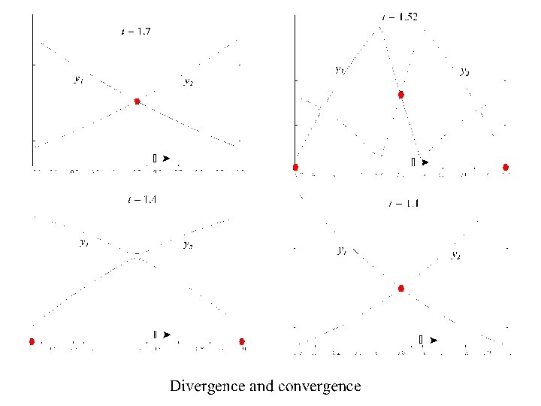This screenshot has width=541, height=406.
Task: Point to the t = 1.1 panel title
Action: (x=403, y=204)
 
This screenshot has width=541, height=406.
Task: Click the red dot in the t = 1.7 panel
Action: (x=137, y=101)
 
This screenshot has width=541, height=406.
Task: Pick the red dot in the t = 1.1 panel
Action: (x=401, y=288)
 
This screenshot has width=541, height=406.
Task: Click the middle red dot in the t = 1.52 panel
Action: (x=401, y=95)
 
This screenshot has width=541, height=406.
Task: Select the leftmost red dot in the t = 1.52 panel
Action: (x=295, y=167)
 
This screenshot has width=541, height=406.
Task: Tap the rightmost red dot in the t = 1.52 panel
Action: (x=506, y=167)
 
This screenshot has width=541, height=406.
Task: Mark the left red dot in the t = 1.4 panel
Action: (x=32, y=341)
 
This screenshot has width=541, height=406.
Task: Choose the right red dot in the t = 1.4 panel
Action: (x=242, y=341)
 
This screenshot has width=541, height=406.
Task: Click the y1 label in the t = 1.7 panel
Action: (x=78, y=78)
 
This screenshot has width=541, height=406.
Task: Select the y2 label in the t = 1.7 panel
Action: (x=188, y=82)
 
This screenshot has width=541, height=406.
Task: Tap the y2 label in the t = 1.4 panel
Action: (x=188, y=244)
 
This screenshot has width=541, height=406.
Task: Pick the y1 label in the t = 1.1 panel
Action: (x=342, y=250)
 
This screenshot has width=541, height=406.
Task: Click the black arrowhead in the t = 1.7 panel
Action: (x=165, y=158)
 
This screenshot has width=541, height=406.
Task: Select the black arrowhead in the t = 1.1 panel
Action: (x=433, y=341)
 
